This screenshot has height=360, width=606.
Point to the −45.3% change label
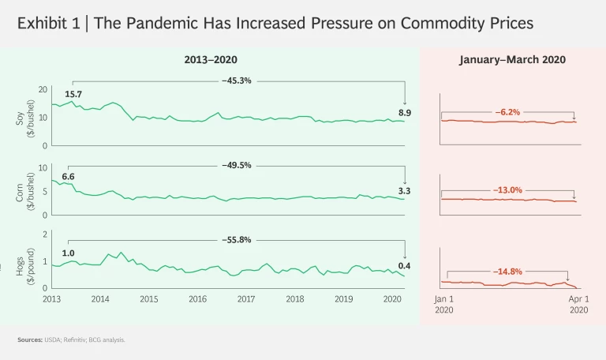click(237, 80)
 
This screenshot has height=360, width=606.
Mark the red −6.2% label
click(507, 112)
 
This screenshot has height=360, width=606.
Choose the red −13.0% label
click(507, 190)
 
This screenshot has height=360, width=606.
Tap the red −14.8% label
click(507, 271)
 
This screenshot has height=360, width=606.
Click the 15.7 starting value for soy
click(73, 94)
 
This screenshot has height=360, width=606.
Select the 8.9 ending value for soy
click(405, 113)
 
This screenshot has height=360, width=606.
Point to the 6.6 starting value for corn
click(68, 176)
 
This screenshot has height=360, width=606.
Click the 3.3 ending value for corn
click(405, 191)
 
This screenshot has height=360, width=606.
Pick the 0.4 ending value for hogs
click(405, 265)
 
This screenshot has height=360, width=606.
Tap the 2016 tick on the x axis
click(197, 300)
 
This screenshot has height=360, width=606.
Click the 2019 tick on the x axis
click(343, 300)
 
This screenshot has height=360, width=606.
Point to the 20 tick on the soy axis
click(43, 89)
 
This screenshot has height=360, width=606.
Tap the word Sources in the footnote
click(30, 339)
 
